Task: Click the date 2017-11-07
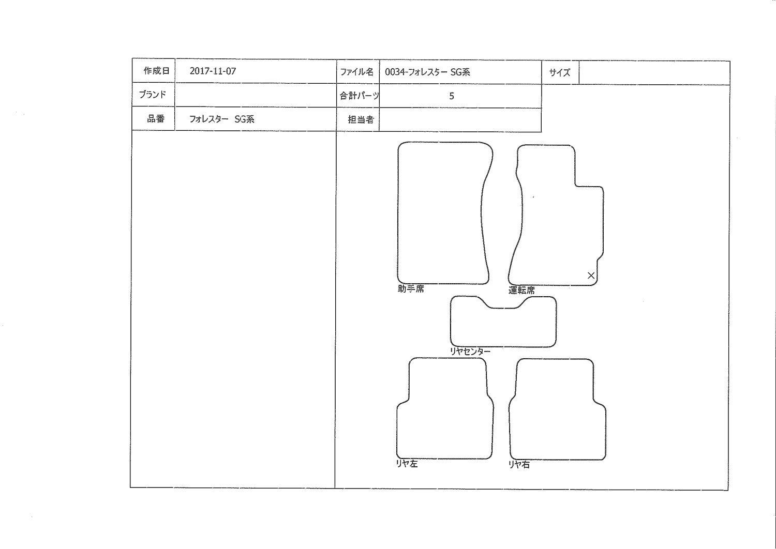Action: pyautogui.click(x=213, y=71)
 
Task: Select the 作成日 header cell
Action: pyautogui.click(x=154, y=71)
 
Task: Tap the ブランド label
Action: pyautogui.click(x=153, y=95)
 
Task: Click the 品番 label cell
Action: pyautogui.click(x=154, y=119)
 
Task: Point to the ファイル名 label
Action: pyautogui.click(x=357, y=72)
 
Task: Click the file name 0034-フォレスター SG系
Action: pyautogui.click(x=427, y=72)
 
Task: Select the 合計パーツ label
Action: pyautogui.click(x=359, y=96)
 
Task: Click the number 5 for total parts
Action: pyautogui.click(x=452, y=96)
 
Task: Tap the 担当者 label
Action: pyautogui.click(x=361, y=120)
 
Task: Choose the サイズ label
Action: pyautogui.click(x=559, y=73)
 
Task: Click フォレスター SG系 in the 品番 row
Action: pyautogui.click(x=222, y=119)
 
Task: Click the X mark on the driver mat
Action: pyautogui.click(x=591, y=276)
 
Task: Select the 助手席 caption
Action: pyautogui.click(x=411, y=289)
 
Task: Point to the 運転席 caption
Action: pyautogui.click(x=521, y=290)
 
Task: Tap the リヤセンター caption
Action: pyautogui.click(x=470, y=352)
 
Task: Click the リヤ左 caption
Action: pyautogui.click(x=407, y=464)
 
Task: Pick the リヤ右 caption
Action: pyautogui.click(x=519, y=465)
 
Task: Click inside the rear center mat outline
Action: pyautogui.click(x=503, y=327)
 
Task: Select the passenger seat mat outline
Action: pyautogui.click(x=398, y=213)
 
